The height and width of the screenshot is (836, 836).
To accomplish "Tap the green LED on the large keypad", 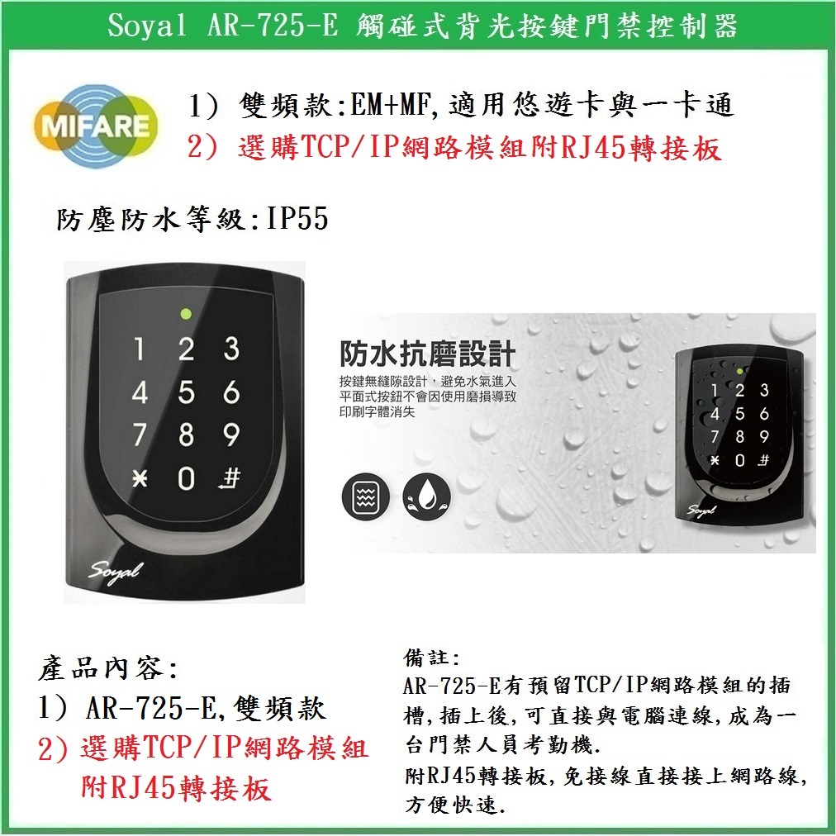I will click(x=186, y=314).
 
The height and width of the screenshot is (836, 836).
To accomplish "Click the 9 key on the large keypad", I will click(x=231, y=435).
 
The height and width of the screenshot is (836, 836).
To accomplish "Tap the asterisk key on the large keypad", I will click(x=139, y=478).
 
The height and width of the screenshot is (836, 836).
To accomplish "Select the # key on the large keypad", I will click(x=231, y=478).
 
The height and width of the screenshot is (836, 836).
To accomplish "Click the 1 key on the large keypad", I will click(x=140, y=349).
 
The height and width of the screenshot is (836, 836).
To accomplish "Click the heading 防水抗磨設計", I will click(x=428, y=354).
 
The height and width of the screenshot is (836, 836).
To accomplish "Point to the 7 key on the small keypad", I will click(x=715, y=436).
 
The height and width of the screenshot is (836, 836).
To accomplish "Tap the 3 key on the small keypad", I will click(x=764, y=390).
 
